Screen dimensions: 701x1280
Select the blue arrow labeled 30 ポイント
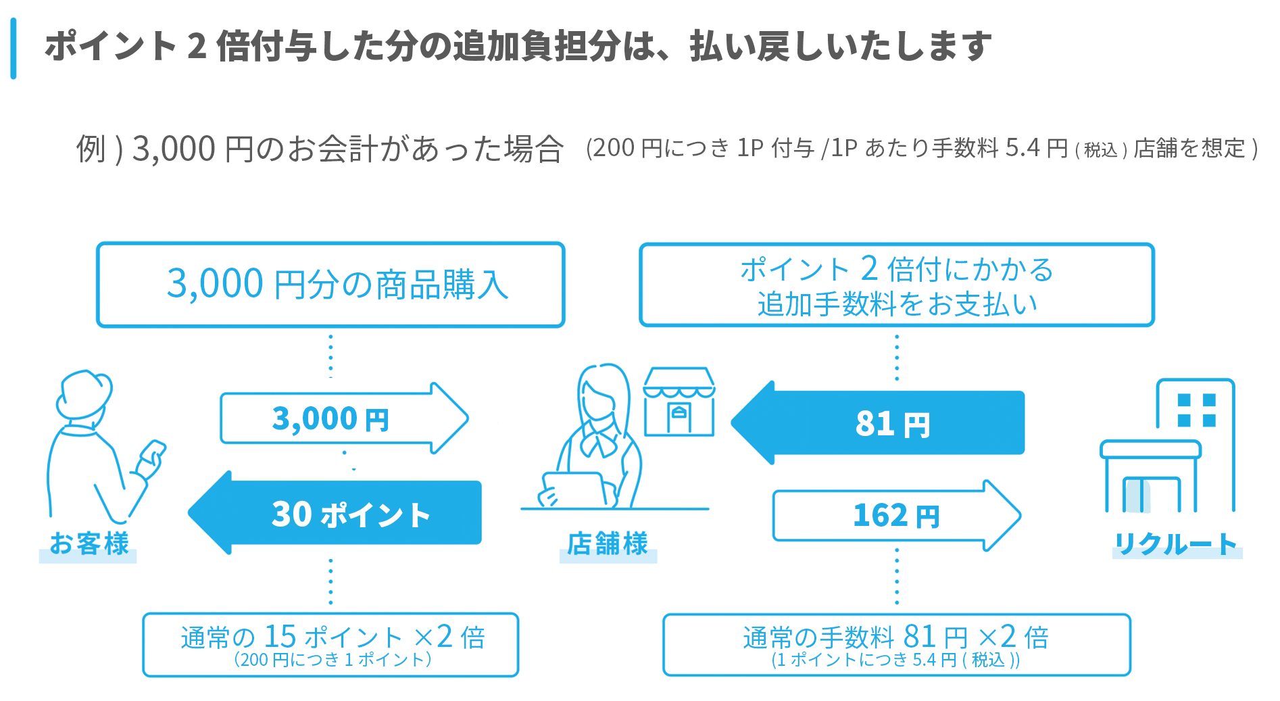point(336,513)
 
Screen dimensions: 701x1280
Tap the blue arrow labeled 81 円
point(879,423)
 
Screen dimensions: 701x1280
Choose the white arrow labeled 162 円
point(896,515)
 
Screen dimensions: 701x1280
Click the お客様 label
point(89,543)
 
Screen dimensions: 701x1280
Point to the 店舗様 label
point(608,543)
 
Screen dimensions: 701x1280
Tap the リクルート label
point(1176,543)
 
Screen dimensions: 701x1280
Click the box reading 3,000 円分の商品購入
point(330,285)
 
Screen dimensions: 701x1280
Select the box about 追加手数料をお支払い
point(896,285)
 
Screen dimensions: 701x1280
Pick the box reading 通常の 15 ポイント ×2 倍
point(330,644)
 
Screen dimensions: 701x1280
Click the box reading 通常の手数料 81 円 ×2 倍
point(896,644)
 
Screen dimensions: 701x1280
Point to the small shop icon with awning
point(679,402)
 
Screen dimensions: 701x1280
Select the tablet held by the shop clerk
point(574,488)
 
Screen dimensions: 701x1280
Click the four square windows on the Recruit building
point(1196,410)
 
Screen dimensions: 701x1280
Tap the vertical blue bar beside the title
point(14,49)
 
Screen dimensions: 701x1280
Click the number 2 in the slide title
point(197,47)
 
